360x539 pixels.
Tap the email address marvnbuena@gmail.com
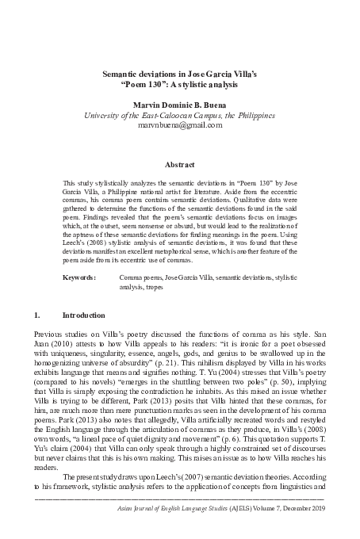179,125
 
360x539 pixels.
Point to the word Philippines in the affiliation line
251,114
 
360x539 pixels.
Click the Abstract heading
179,165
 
